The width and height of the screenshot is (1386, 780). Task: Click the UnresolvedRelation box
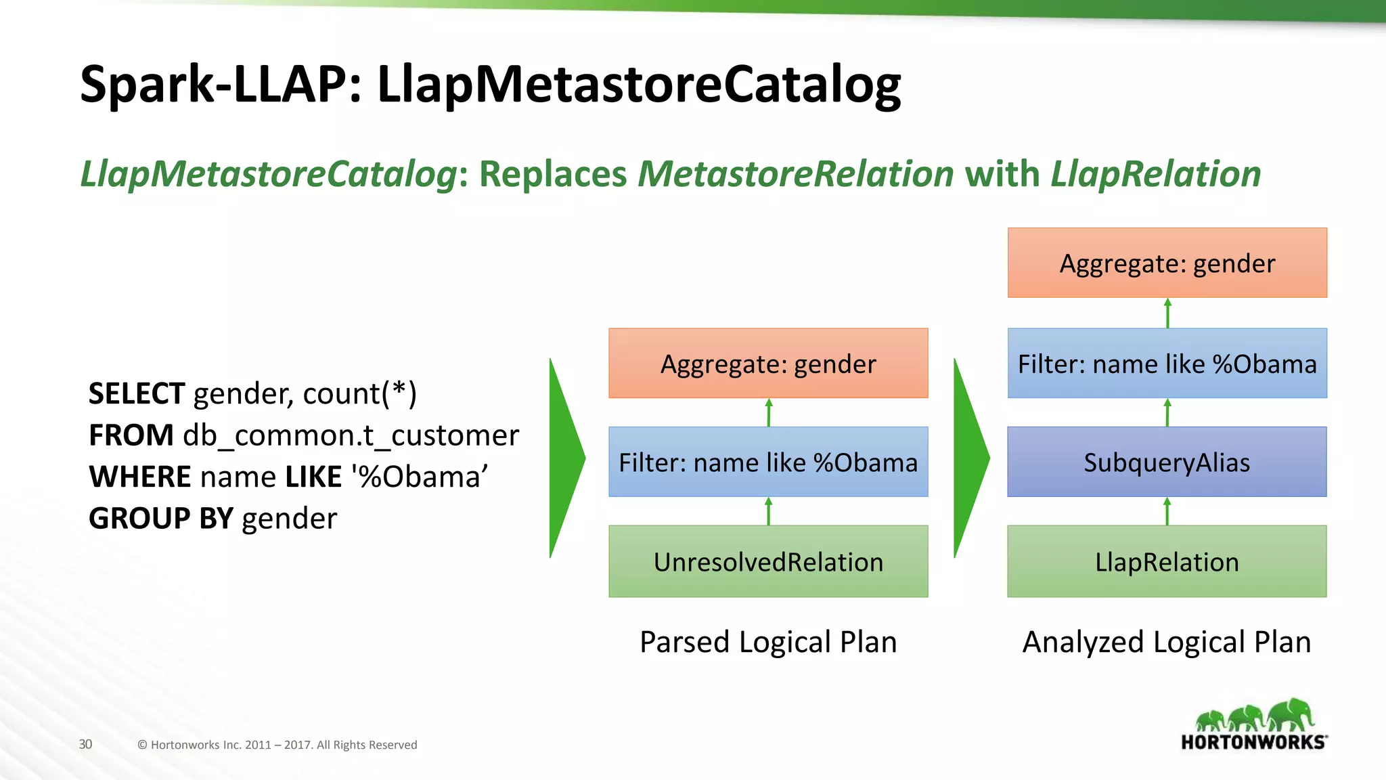[x=768, y=561]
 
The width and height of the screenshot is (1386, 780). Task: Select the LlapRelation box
[x=1167, y=561]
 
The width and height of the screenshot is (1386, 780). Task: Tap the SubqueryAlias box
[x=1167, y=462]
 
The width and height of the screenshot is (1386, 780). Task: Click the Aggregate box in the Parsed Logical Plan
[x=768, y=364]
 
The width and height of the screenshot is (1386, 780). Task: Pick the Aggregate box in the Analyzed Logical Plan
[x=1167, y=263]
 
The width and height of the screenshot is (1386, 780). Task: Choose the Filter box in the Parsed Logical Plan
[x=768, y=462]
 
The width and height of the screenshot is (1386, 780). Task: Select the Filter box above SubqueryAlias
[x=1167, y=364]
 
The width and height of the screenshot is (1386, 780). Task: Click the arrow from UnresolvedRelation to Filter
[x=768, y=511]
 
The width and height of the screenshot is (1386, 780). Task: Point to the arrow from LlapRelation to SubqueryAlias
[x=1167, y=511]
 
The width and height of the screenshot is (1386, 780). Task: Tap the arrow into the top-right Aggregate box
[x=1167, y=313]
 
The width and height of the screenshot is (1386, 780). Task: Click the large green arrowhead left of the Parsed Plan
[x=566, y=458]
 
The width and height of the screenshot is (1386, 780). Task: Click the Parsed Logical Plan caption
[x=768, y=642]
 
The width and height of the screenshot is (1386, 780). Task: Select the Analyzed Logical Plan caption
[x=1167, y=642]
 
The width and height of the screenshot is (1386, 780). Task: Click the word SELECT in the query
[x=136, y=393]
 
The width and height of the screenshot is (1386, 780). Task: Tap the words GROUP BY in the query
[x=160, y=519]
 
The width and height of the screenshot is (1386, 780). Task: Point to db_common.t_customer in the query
[x=351, y=435]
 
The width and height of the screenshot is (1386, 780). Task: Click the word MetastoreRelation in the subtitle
[x=796, y=174]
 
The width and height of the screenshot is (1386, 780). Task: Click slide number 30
[x=85, y=744]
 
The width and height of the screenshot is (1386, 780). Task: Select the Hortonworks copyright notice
[x=277, y=745]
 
